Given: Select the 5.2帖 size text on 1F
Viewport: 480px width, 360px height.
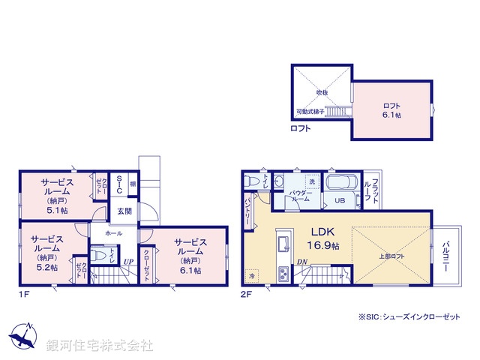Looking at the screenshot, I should coord(46,266).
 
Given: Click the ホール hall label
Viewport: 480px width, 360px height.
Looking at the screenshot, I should coord(113,233).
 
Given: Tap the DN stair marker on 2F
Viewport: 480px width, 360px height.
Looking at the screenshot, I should coord(301,262).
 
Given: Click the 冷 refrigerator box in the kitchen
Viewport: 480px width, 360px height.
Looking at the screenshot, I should coord(251,274).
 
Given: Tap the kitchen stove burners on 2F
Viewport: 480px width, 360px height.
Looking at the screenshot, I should coord(283,271).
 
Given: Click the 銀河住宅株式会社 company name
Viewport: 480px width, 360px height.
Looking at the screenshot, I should coord(100,345).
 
